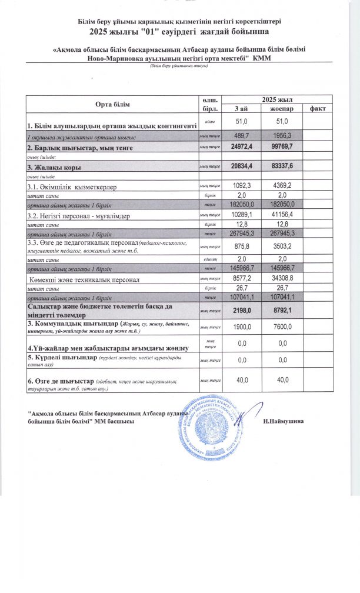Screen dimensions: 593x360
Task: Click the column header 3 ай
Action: [x=241, y=109]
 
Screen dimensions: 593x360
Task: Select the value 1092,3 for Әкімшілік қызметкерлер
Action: [x=241, y=186]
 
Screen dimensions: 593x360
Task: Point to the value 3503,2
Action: [x=282, y=247]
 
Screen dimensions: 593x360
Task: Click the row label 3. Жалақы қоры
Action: [x=56, y=168]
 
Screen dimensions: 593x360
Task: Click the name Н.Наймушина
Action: [x=286, y=422]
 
